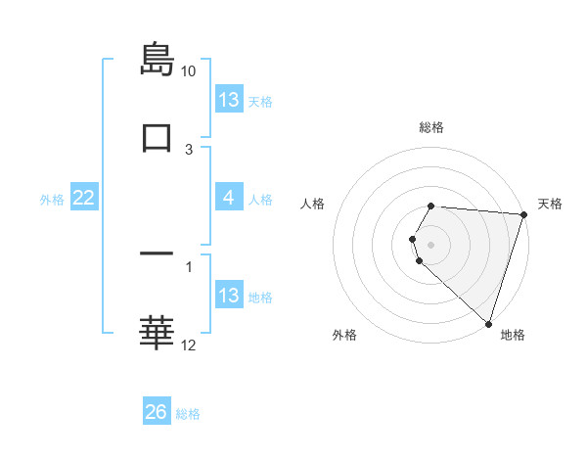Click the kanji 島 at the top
[157, 60]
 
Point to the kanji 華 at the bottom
[157, 333]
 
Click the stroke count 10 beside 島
[189, 71]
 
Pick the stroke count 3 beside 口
[189, 150]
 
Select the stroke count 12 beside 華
[189, 345]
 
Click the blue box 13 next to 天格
[229, 100]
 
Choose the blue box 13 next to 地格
[229, 296]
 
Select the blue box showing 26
[157, 412]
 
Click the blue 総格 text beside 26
[188, 414]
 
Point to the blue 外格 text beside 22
[52, 200]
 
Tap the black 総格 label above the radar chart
[431, 127]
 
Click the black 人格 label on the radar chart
[313, 204]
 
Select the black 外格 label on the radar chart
[344, 336]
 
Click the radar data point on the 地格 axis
[488, 323]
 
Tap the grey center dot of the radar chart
[431, 244]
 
